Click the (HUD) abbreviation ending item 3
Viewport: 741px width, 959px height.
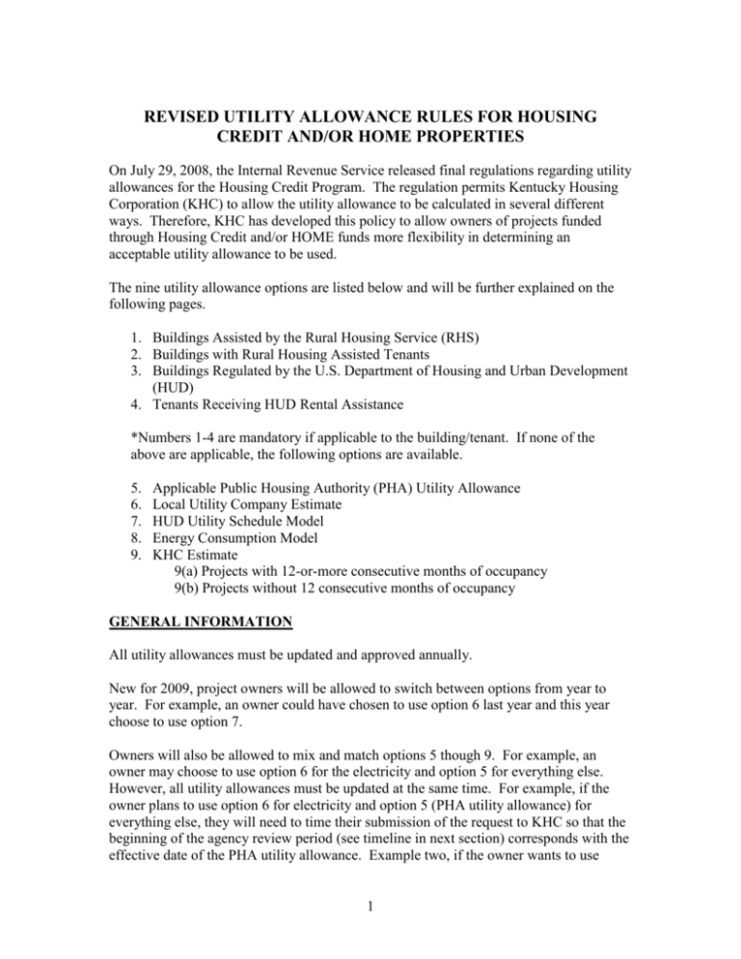click(170, 409)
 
